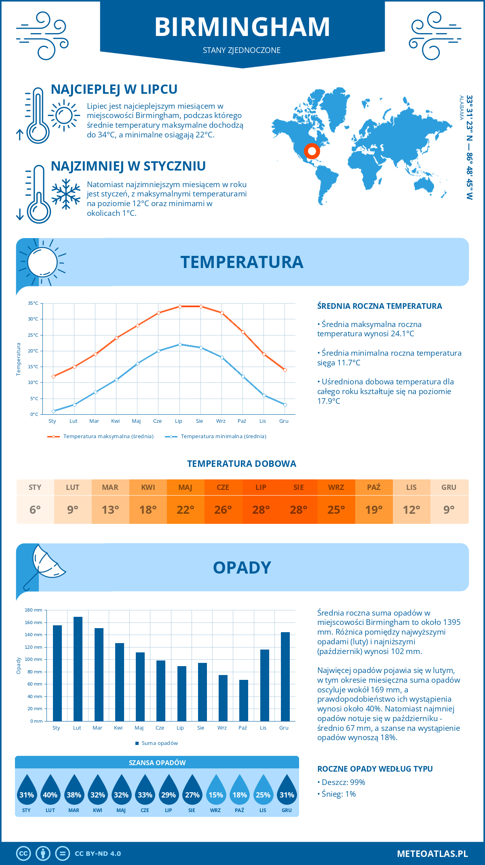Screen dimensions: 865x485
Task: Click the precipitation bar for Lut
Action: pyautogui.click(x=78, y=669)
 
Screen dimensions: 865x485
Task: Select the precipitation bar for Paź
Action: pyautogui.click(x=244, y=700)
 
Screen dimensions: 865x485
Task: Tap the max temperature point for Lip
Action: pyautogui.click(x=180, y=306)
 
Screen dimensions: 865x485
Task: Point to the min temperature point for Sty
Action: pyautogui.click(x=53, y=411)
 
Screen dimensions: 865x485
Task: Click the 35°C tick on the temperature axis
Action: pyautogui.click(x=33, y=303)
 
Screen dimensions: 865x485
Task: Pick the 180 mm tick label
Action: pyautogui.click(x=34, y=610)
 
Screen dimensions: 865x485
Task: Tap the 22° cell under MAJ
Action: pyautogui.click(x=186, y=510)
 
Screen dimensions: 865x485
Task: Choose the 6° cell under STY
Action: pyautogui.click(x=35, y=510)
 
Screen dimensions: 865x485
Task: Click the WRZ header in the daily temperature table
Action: pyautogui.click(x=336, y=487)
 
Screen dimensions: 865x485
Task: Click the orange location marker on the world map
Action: pyautogui.click(x=312, y=152)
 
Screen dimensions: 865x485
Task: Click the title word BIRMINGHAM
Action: pyautogui.click(x=242, y=27)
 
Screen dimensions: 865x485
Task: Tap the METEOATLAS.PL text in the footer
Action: pyautogui.click(x=432, y=854)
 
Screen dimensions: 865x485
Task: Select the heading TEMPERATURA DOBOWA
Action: pyautogui.click(x=242, y=464)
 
